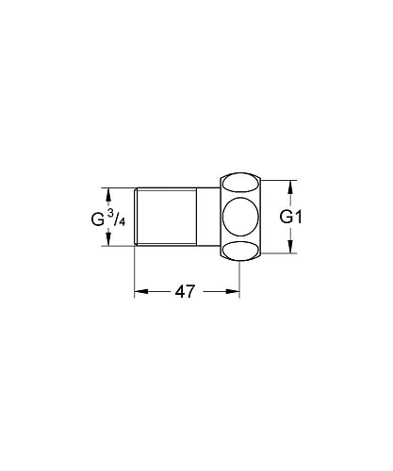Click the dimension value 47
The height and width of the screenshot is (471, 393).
(185, 291)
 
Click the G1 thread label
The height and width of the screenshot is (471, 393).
(291, 217)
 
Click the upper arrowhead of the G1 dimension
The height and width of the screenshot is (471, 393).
(289, 186)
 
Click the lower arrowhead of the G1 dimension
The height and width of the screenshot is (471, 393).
(289, 249)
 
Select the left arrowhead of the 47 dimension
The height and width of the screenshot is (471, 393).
(139, 291)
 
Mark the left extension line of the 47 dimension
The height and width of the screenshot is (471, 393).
(134, 273)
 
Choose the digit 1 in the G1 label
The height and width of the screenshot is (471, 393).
(300, 217)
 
